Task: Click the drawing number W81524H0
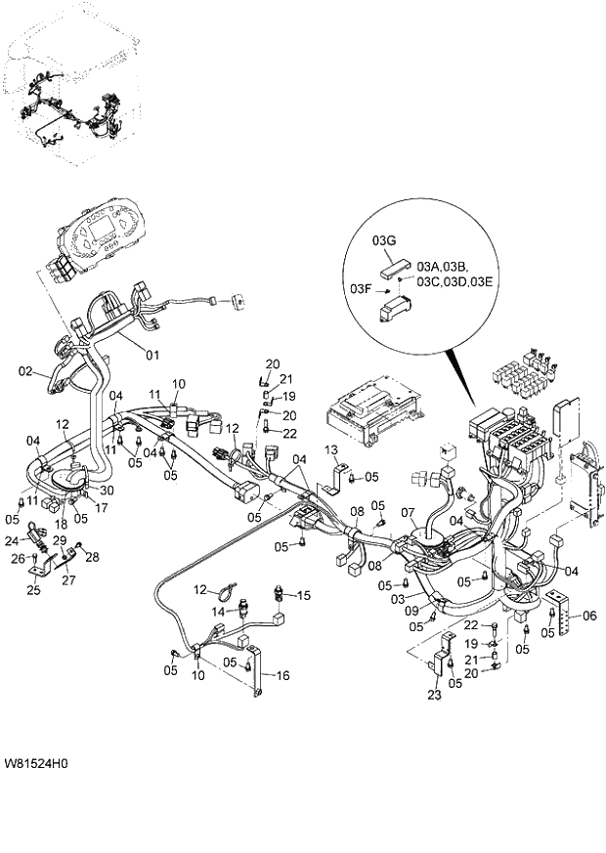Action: tap(42, 762)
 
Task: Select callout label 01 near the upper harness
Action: tap(151, 354)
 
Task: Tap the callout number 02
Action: tap(27, 371)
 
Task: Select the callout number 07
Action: tap(407, 512)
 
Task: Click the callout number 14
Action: tap(218, 611)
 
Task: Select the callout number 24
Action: tap(12, 538)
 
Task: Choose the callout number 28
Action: tap(93, 557)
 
